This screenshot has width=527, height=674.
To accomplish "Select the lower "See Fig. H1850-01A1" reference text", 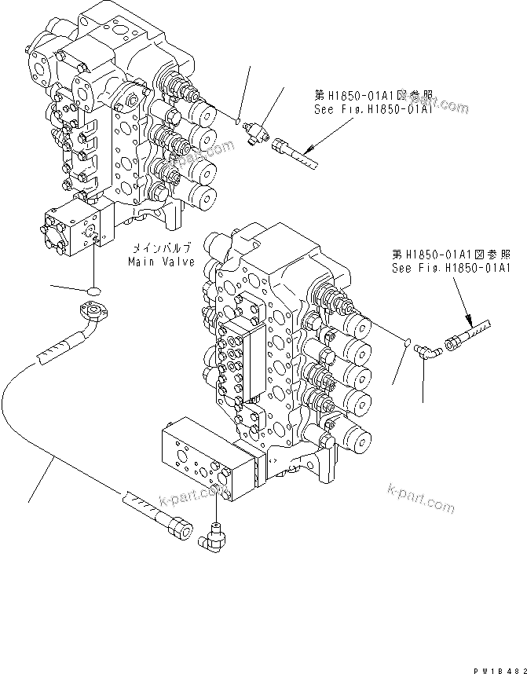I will [452, 268].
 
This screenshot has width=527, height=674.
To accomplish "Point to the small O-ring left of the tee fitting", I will [236, 120].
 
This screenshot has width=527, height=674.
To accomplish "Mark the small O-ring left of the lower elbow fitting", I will [405, 342].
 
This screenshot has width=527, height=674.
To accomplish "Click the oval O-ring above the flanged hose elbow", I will [93, 291].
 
